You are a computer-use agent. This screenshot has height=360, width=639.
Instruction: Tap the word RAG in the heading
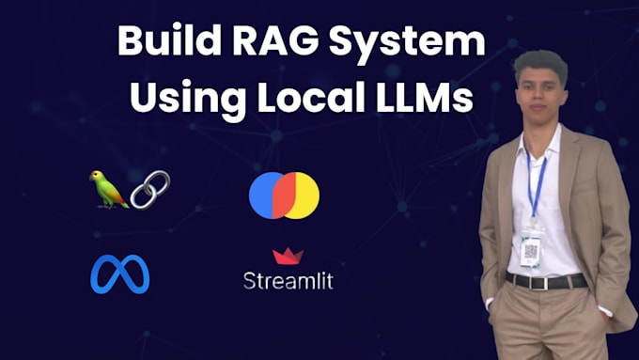(267, 45)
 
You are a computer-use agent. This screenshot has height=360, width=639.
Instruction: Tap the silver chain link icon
(149, 189)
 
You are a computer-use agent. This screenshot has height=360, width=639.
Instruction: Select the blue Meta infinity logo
(119, 274)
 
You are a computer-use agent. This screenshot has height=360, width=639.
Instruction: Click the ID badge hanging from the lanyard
(532, 249)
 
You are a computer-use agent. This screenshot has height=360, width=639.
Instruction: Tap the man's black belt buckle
(545, 281)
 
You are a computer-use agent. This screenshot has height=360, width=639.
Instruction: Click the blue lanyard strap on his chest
(536, 183)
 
